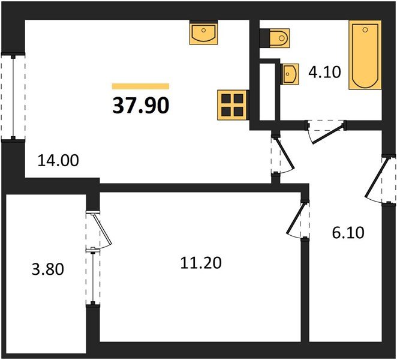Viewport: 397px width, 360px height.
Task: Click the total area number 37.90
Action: pyautogui.click(x=140, y=106)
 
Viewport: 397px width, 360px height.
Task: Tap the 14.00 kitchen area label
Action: pyautogui.click(x=59, y=160)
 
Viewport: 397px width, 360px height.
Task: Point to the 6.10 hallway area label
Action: pyautogui.click(x=348, y=232)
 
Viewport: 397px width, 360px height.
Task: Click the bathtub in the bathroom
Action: pyautogui.click(x=365, y=55)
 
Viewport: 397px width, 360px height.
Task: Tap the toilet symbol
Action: pyautogui.click(x=276, y=38)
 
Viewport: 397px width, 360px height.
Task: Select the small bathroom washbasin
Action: pyautogui.click(x=290, y=74)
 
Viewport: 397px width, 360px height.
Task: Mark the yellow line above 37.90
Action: pyautogui.click(x=140, y=86)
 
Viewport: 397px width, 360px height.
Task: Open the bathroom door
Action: pyautogui.click(x=324, y=130)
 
